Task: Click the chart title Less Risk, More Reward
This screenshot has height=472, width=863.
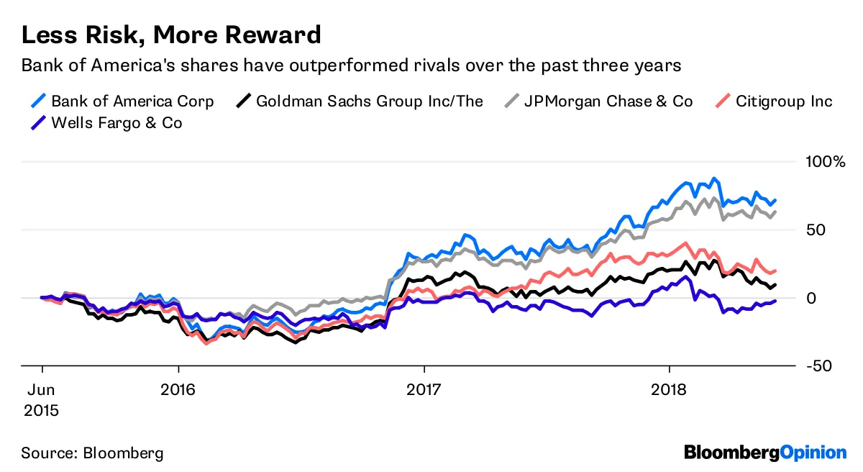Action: click(171, 35)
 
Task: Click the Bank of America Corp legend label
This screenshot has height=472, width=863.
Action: click(132, 101)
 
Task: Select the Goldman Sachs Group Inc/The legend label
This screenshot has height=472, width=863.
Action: click(370, 101)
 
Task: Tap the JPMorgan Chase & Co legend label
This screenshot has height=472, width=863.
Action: click(608, 101)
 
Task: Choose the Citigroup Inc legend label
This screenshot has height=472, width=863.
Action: click(784, 101)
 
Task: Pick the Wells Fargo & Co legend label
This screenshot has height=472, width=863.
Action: click(117, 123)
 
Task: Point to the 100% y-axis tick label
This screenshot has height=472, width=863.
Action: click(824, 161)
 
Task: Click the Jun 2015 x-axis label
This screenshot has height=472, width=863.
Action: click(42, 400)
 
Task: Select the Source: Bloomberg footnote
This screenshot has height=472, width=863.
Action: click(92, 453)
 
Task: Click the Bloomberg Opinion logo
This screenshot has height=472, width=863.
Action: click(765, 453)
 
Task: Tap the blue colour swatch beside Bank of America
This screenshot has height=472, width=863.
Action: click(33, 101)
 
